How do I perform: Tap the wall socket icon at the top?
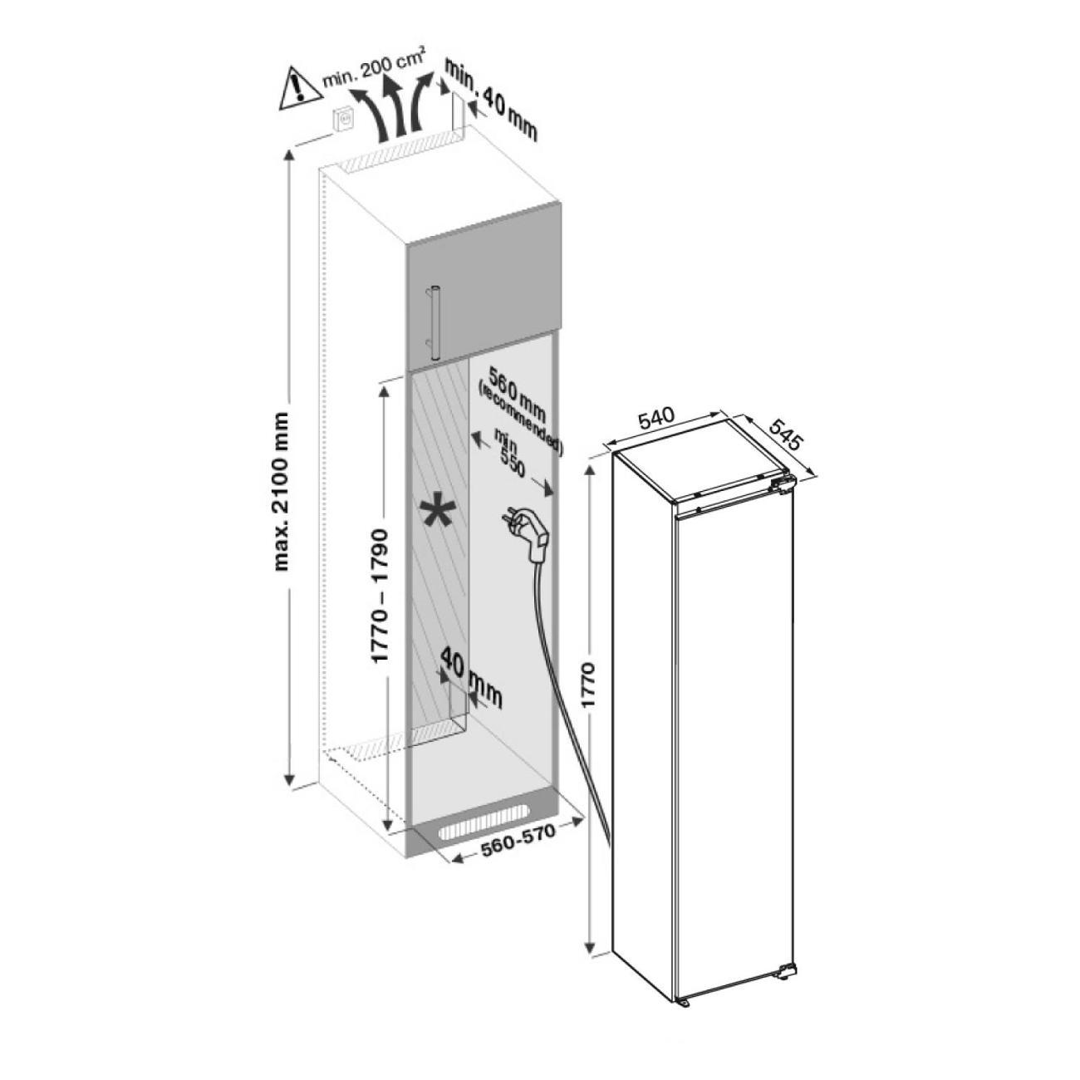click(x=342, y=120)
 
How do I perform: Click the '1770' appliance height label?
click(x=588, y=685)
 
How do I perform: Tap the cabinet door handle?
click(x=432, y=320)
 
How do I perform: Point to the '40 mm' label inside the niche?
click(x=471, y=677)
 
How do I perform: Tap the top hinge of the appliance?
click(x=781, y=485)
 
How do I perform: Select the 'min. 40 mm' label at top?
click(x=490, y=100)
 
